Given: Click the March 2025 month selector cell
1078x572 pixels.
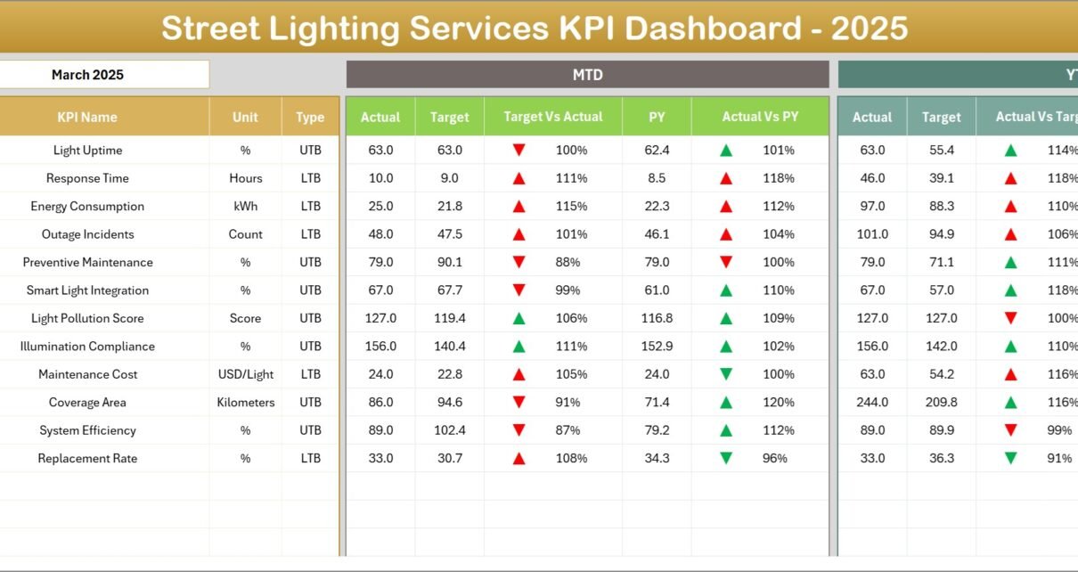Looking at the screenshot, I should click(87, 75).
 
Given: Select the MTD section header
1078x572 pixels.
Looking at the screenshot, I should click(587, 75).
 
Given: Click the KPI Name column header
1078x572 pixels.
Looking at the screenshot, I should click(87, 117).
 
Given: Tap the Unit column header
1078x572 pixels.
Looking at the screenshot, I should click(245, 117).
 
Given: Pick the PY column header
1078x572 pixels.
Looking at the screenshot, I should click(657, 117).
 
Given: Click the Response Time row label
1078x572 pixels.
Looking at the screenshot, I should click(87, 178).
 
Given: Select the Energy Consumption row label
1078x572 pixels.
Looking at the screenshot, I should click(87, 206).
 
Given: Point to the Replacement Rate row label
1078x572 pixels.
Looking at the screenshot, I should click(87, 458).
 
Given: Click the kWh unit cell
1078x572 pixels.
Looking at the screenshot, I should click(245, 206).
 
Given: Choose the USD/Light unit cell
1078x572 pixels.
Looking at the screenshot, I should click(245, 374).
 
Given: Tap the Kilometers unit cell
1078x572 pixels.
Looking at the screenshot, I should click(245, 402).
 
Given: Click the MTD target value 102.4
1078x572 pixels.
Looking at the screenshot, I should click(449, 430).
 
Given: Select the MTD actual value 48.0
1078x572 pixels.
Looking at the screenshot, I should click(380, 234).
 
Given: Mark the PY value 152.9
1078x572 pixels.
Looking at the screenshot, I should click(657, 346).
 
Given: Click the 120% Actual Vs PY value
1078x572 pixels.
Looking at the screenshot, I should click(778, 402).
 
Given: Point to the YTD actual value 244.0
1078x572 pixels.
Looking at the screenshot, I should click(872, 402).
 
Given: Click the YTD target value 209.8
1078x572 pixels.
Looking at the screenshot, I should click(941, 402).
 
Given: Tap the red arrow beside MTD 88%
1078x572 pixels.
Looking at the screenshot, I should click(519, 262).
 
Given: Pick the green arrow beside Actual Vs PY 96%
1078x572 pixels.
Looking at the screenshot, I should click(726, 458).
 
